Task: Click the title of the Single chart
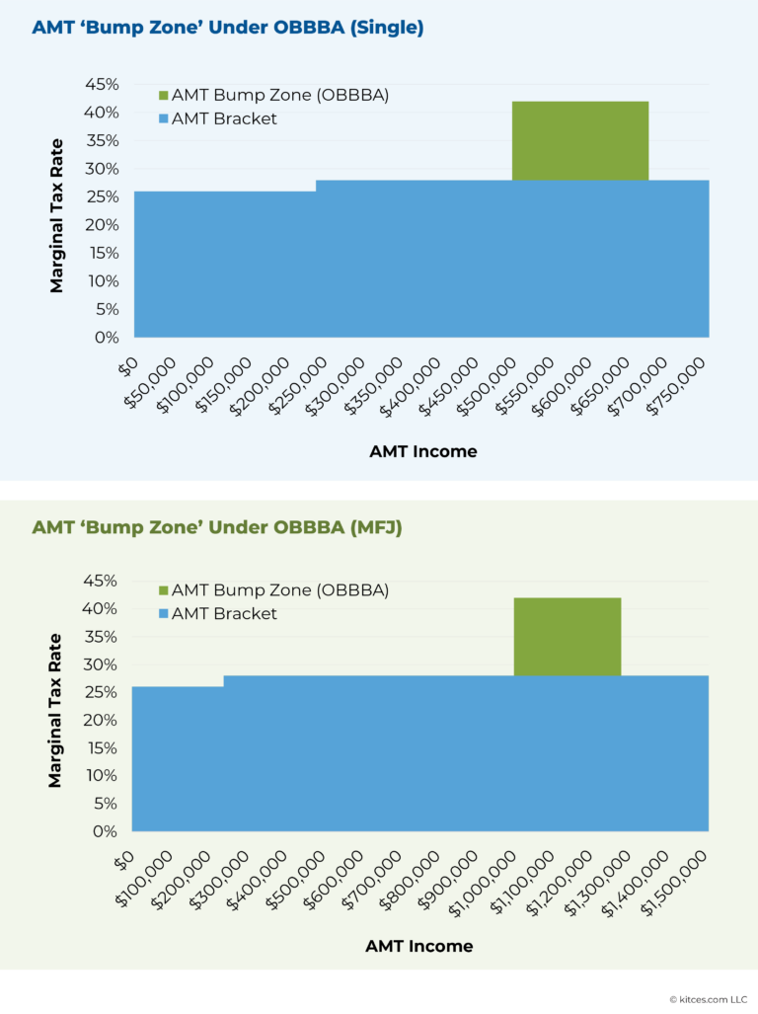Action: coord(227,28)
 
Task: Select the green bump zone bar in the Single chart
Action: coord(579,140)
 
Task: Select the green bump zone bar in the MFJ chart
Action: coord(567,636)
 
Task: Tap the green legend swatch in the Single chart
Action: coord(163,96)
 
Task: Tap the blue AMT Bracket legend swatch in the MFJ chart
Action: coord(163,614)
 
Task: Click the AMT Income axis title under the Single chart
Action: coord(422,451)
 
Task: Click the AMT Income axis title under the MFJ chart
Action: coord(418,946)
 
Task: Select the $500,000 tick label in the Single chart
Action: coord(490,380)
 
